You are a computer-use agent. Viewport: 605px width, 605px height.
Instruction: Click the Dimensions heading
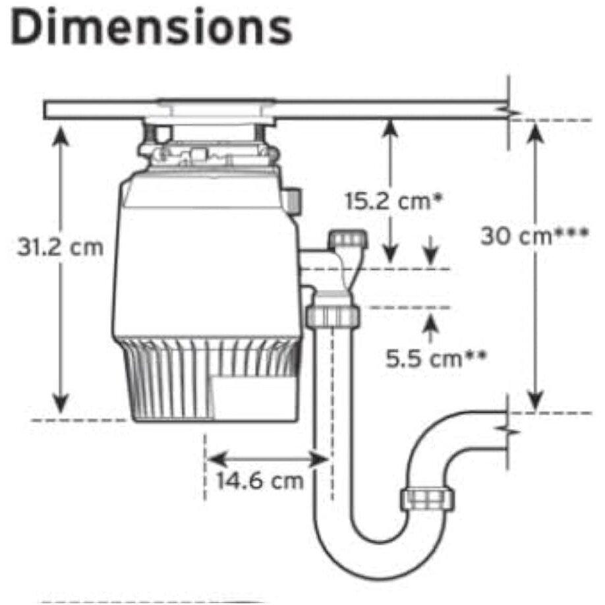152,28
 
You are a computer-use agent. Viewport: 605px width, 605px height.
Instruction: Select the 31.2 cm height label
60,247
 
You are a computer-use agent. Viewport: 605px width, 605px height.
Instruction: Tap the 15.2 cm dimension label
393,201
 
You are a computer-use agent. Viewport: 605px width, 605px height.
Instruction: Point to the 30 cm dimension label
534,236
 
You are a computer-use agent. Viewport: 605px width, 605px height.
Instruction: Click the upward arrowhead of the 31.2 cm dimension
61,136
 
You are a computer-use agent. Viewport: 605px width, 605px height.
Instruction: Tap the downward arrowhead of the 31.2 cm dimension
61,403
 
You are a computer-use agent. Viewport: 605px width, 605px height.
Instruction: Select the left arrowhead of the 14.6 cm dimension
217,459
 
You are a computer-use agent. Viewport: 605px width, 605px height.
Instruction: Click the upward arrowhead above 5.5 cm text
431,324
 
